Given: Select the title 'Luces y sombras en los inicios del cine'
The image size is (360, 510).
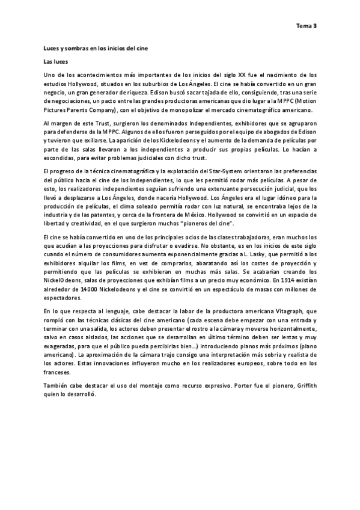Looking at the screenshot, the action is pyautogui.click(x=95, y=48).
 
